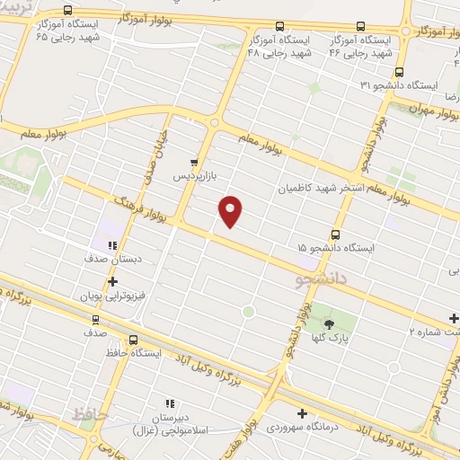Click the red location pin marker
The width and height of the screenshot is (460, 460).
click(231, 210)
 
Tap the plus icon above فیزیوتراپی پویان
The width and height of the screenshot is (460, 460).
click(112, 281)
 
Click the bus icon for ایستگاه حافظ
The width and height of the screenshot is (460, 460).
click(133, 341)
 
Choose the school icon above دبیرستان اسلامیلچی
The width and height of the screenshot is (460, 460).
click(169, 403)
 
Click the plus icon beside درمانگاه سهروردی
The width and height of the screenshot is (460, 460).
click(302, 414)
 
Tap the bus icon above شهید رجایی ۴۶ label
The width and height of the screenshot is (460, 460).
click(360, 27)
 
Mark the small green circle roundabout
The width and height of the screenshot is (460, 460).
click(249, 312)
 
